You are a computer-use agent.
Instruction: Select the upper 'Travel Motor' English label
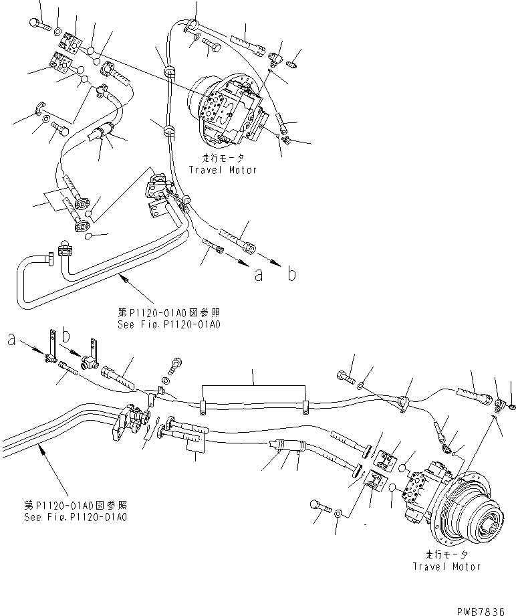coord(223,170)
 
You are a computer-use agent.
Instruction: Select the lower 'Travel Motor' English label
coord(446,566)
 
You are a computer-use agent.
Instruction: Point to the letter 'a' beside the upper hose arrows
coord(258,274)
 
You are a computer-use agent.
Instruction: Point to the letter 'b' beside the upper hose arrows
coord(291,274)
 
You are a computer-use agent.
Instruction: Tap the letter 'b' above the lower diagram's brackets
coord(66,332)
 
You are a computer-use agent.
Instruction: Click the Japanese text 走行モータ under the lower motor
coord(446,555)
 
